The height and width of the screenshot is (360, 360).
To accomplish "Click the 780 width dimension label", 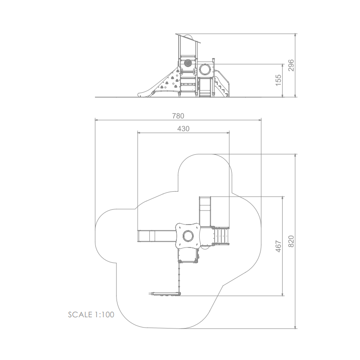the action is coord(178,116).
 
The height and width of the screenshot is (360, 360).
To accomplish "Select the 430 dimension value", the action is coord(184,129).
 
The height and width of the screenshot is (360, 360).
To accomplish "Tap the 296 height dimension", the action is coord(291,65).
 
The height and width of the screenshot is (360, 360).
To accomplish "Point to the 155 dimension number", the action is coord(278,80).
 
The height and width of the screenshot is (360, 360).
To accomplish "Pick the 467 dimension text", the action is coord(278,246).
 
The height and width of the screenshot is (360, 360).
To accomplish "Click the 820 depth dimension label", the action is coord(291,241).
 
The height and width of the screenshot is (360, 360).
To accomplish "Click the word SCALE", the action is coord(80,315).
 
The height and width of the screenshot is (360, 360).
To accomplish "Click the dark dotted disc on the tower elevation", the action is coord(188,63).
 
